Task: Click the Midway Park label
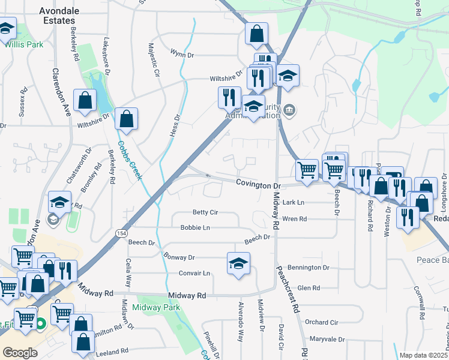pyautogui.click(x=156, y=307)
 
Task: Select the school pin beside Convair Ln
pyautogui.click(x=238, y=263)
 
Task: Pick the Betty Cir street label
pyautogui.click(x=205, y=212)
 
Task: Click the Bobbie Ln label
pyautogui.click(x=195, y=228)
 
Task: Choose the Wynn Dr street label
pyautogui.click(x=182, y=55)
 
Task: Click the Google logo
pyautogui.click(x=20, y=352)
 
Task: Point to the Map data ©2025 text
pyautogui.click(x=423, y=355)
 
